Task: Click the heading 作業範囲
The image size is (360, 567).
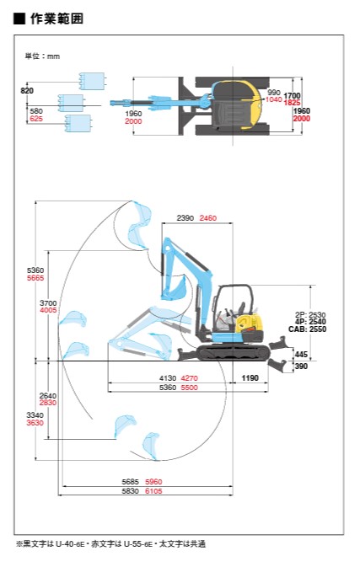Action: point(56,19)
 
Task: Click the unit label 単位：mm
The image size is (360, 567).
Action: point(42,56)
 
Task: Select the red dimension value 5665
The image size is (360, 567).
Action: point(35,278)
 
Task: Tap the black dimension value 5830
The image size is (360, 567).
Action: point(130,491)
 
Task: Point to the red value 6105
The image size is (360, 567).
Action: point(153,491)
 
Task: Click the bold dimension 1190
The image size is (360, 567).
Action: point(250,378)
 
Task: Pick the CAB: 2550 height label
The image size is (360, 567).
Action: point(307,329)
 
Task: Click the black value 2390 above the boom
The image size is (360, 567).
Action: point(185,217)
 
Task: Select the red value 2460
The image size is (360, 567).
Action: point(208,217)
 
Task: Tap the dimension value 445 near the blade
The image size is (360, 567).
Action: point(301,355)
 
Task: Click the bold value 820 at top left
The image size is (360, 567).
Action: point(27,90)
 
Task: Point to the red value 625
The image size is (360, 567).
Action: point(36,119)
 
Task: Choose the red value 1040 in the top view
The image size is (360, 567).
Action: point(274,99)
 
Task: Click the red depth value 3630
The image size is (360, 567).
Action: point(35,422)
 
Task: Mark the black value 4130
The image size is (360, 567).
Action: point(168,378)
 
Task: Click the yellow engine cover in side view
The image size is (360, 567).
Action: point(248,323)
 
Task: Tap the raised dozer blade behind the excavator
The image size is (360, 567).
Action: point(278,343)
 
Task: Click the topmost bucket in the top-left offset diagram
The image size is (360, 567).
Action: point(92,81)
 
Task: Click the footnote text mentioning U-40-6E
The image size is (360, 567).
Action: point(110,543)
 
